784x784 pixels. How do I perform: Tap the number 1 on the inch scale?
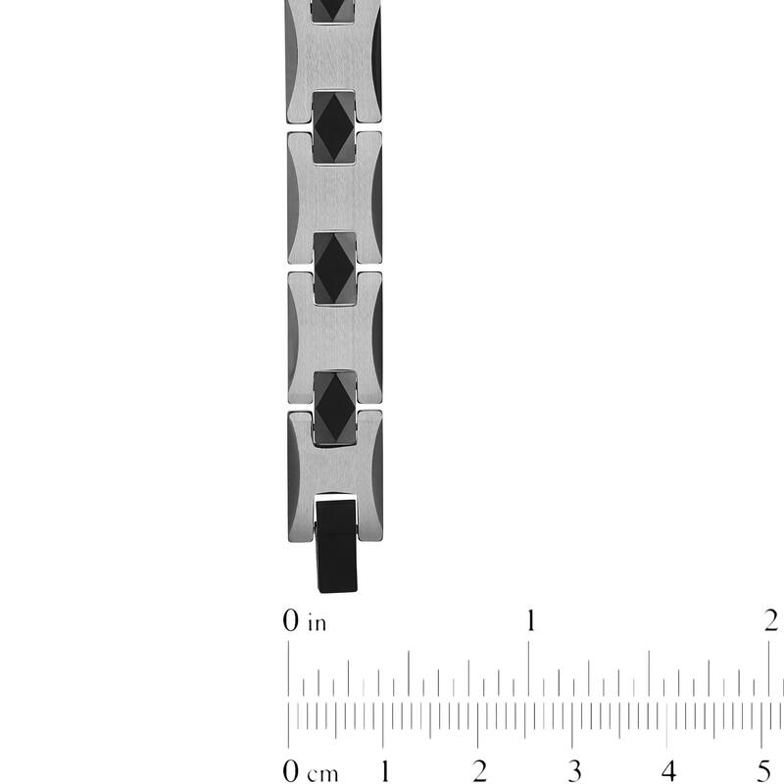(530, 620)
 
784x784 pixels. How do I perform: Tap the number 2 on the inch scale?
(770, 620)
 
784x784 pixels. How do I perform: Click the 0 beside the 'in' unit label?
(289, 620)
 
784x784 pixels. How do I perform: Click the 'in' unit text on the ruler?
(317, 622)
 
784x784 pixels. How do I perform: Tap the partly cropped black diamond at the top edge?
(335, 9)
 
